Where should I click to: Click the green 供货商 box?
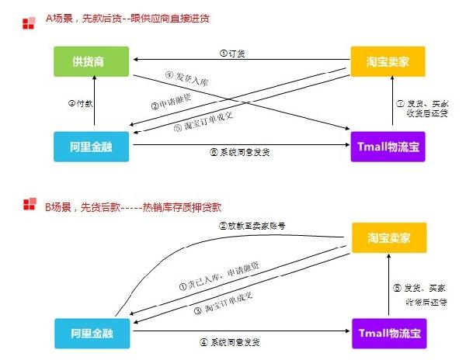[x=94, y=62]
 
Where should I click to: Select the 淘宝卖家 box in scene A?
[x=388, y=62]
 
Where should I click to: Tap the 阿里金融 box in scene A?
[x=94, y=147]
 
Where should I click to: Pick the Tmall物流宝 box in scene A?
[x=388, y=147]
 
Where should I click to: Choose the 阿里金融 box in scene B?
[x=94, y=332]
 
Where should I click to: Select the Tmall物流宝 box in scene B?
[x=388, y=332]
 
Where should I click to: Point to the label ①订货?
[x=234, y=54]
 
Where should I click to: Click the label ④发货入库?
[x=186, y=80]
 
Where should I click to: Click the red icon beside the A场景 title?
[x=29, y=21]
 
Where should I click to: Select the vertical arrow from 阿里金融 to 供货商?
[x=94, y=104]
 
